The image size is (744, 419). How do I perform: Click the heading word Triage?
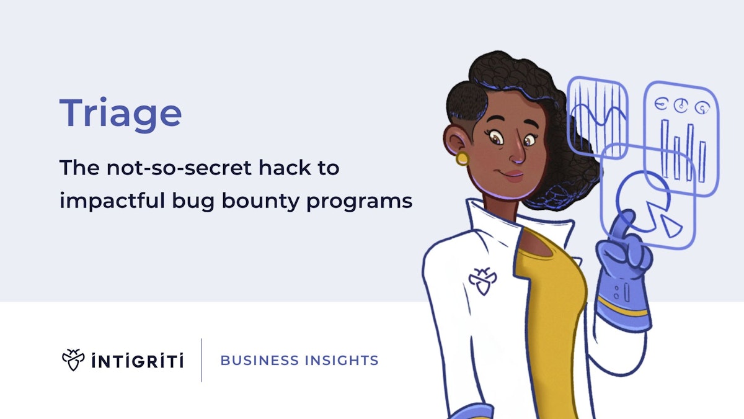pos(121,114)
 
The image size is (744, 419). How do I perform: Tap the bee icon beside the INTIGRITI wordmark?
pos(73,359)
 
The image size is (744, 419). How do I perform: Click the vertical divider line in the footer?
pos(201,360)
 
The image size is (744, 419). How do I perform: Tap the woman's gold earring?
pos(463,158)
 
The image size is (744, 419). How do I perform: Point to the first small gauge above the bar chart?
pos(662,105)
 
